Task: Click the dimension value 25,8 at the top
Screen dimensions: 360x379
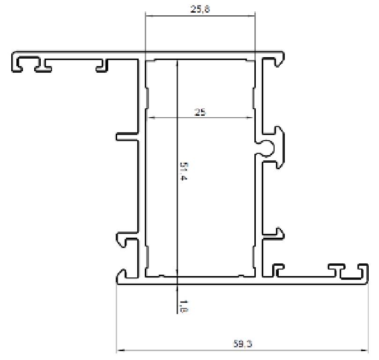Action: pyautogui.click(x=200, y=9)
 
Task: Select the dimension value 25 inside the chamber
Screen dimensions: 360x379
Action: pyautogui.click(x=200, y=112)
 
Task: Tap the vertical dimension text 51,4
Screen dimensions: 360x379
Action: pyautogui.click(x=184, y=172)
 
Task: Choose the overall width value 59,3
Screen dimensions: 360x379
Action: pyautogui.click(x=243, y=344)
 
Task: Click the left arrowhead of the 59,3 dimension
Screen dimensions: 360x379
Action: pyautogui.click(x=119, y=350)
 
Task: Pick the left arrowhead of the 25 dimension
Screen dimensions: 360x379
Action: pyautogui.click(x=150, y=118)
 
